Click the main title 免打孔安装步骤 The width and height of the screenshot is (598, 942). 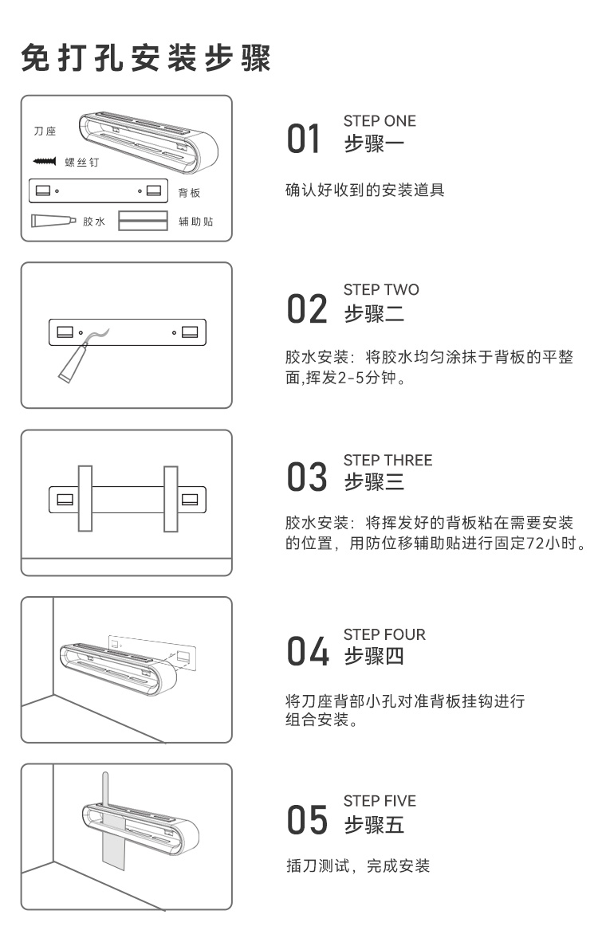pos(147,58)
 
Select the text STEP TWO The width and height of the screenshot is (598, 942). pos(380,289)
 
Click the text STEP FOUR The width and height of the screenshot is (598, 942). pos(384,634)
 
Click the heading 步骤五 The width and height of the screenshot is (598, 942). pos(374,824)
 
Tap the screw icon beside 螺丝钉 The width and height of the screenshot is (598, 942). pos(44,162)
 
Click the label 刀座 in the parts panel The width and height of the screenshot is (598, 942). pos(45,131)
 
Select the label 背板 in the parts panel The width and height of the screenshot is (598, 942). pos(189,193)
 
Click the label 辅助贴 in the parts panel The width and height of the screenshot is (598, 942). pos(195,221)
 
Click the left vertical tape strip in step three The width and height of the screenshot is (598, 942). pos(84,498)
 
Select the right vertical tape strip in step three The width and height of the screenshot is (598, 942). pos(170,498)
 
